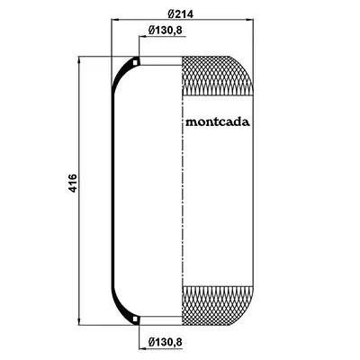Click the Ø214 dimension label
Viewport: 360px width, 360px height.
click(x=181, y=13)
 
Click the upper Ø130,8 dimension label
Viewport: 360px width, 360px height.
click(x=166, y=30)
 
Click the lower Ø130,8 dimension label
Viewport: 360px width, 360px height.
click(x=166, y=341)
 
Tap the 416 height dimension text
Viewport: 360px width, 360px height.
click(x=73, y=183)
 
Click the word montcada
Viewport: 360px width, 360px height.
click(x=218, y=122)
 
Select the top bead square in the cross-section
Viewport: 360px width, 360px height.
click(x=136, y=62)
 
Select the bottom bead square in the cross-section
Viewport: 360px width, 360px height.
click(x=136, y=319)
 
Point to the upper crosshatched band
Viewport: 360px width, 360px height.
click(x=218, y=76)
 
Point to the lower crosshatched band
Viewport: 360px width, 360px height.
click(x=218, y=306)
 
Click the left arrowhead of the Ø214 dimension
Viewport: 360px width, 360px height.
click(x=114, y=20)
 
